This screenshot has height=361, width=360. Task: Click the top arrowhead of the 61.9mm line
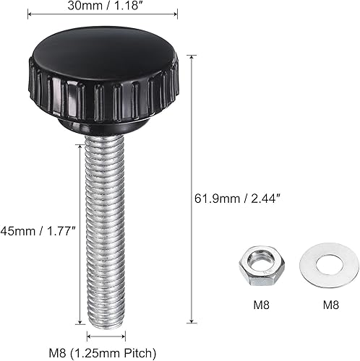[x=191, y=55]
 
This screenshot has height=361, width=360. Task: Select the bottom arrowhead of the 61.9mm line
[x=191, y=321]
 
